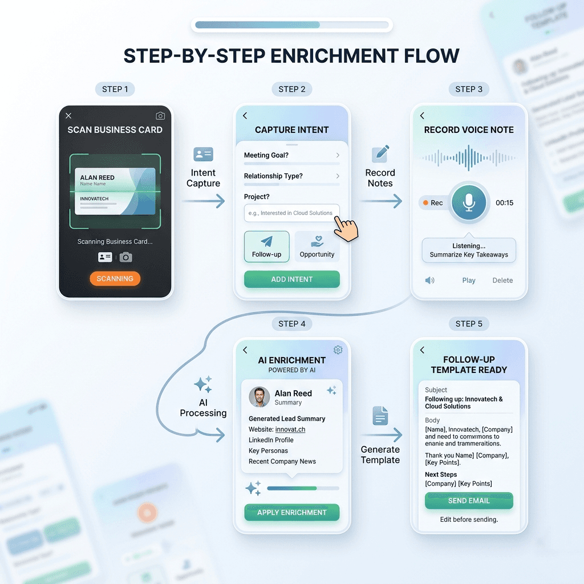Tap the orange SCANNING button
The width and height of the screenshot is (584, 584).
(115, 279)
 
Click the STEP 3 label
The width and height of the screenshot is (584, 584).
(469, 89)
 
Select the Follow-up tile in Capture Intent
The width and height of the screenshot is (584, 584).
(266, 246)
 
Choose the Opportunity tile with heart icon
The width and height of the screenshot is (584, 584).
(317, 246)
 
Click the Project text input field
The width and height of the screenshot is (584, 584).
(291, 213)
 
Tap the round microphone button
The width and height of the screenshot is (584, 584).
(469, 202)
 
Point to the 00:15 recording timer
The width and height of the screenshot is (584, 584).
(504, 202)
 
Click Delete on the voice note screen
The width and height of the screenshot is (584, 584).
(502, 280)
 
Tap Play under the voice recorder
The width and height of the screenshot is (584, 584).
(469, 280)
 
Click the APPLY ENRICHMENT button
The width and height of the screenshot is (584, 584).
(291, 512)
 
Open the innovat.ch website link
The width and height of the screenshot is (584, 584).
(290, 429)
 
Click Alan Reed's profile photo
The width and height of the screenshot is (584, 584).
(259, 397)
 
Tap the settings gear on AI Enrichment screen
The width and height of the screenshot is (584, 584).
(338, 350)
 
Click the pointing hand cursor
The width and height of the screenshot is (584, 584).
(346, 227)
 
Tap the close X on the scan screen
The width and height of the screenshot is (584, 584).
(68, 116)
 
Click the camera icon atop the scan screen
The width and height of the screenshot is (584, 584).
(160, 116)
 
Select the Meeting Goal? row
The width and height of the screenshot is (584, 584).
(291, 155)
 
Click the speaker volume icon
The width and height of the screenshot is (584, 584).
(429, 280)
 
